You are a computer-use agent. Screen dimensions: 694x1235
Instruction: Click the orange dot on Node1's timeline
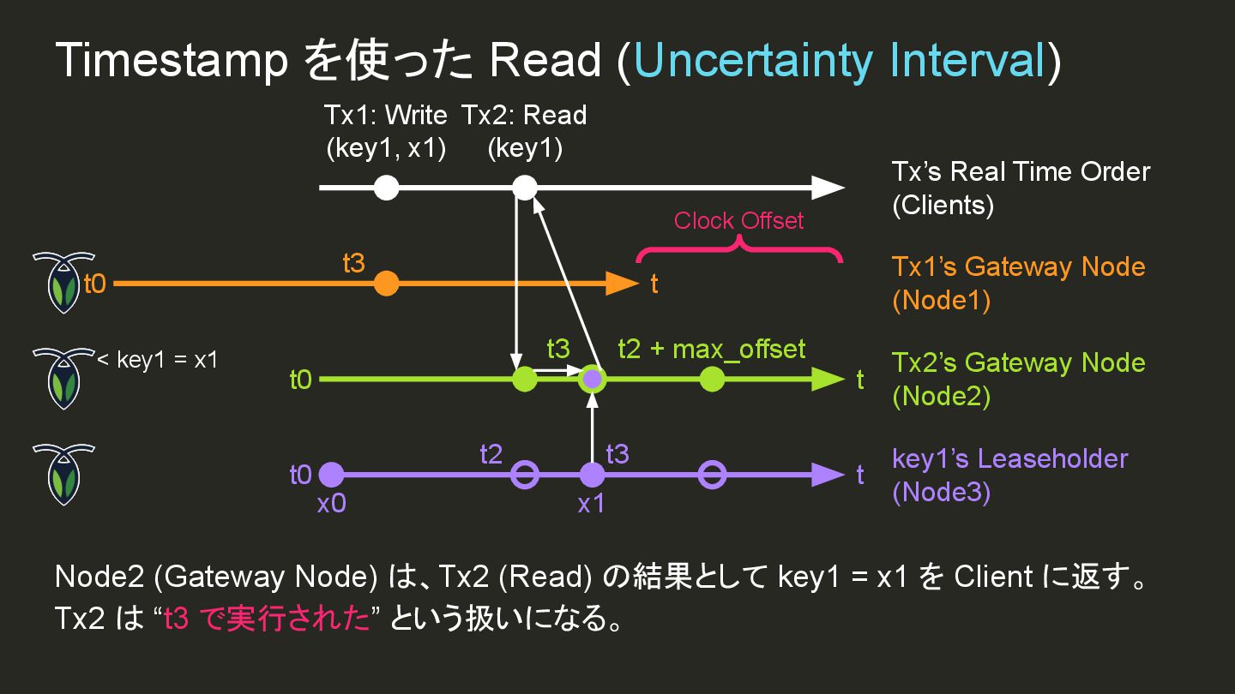click(387, 283)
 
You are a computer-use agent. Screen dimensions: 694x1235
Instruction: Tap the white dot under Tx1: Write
click(387, 187)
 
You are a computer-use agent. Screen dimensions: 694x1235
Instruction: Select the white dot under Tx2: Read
click(524, 187)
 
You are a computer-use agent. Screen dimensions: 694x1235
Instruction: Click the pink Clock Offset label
click(738, 221)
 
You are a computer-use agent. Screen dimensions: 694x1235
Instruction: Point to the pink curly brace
click(738, 248)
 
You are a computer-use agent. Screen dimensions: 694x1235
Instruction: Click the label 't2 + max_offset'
click(712, 350)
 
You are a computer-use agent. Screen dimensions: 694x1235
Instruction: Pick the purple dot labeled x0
click(331, 475)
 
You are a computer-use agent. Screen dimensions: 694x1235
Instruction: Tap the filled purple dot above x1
click(592, 475)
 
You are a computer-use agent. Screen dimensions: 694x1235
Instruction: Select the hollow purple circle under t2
click(524, 475)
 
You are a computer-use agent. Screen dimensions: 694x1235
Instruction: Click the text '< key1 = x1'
click(157, 360)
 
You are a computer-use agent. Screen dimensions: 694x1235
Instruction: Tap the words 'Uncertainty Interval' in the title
click(839, 61)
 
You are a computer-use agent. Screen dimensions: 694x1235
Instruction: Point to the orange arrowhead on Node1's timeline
click(624, 283)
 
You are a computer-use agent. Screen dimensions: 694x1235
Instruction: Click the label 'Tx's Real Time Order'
click(1021, 171)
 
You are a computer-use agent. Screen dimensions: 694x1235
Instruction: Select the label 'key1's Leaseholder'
click(1009, 458)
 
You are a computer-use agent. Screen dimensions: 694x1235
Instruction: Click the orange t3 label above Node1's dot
click(353, 263)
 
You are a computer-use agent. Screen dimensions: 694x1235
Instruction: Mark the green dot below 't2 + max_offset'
click(712, 379)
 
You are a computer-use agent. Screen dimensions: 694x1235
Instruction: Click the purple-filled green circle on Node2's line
click(592, 379)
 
